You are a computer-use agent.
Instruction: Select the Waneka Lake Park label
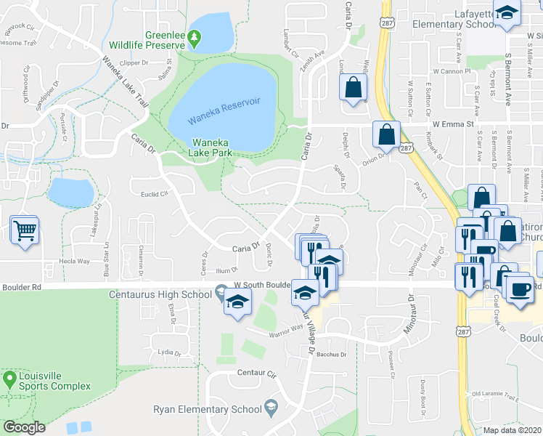pyautogui.click(x=213, y=148)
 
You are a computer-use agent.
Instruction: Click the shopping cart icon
pyautogui.click(x=25, y=230)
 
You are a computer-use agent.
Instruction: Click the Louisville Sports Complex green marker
pyautogui.click(x=9, y=379)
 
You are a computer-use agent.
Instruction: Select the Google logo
pyautogui.click(x=25, y=427)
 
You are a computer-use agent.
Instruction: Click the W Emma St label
pyautogui.click(x=453, y=124)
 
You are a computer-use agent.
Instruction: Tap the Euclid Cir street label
pyautogui.click(x=154, y=194)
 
